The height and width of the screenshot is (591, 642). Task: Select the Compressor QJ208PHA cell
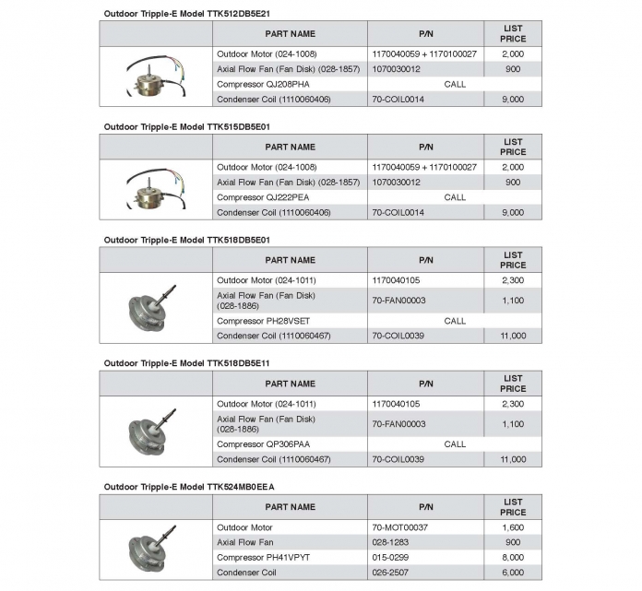tap(250, 84)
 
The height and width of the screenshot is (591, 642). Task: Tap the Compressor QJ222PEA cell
tap(250, 197)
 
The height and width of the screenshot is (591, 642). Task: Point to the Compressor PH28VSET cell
tap(252, 321)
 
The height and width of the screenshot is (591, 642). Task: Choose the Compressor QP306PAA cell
tap(251, 443)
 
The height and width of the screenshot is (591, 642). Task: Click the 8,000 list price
tap(513, 557)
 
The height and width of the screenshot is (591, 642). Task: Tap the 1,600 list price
tap(513, 527)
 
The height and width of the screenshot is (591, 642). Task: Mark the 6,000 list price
tap(513, 572)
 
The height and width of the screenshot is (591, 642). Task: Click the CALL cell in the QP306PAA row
tap(455, 443)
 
